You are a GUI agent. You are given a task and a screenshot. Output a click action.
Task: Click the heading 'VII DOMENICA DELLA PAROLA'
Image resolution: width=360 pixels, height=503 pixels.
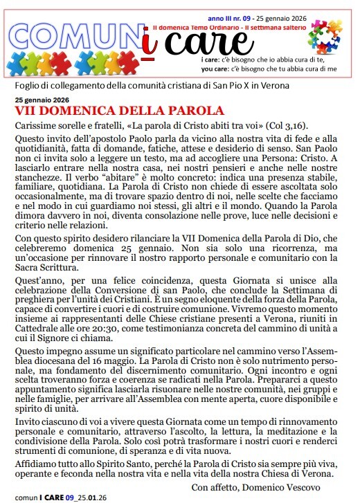[120, 111]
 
